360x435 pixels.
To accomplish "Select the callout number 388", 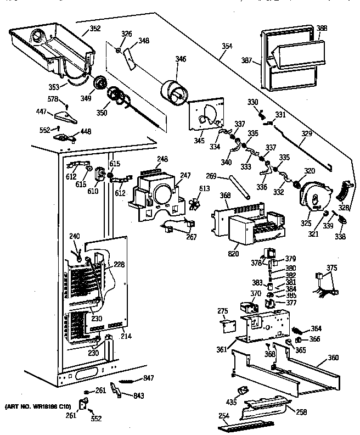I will pyautogui.click(x=322, y=28).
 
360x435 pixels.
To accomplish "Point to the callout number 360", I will pyautogui.click(x=333, y=358).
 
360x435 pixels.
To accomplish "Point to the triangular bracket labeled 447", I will pyautogui.click(x=65, y=115).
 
